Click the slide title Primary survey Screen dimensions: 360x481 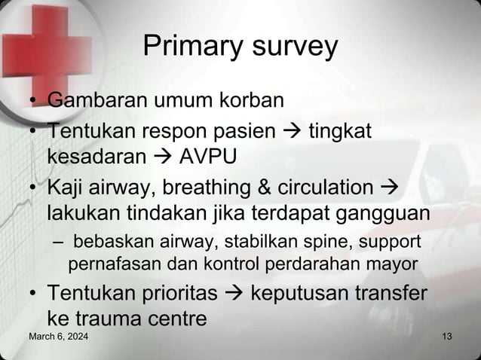coord(240,47)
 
